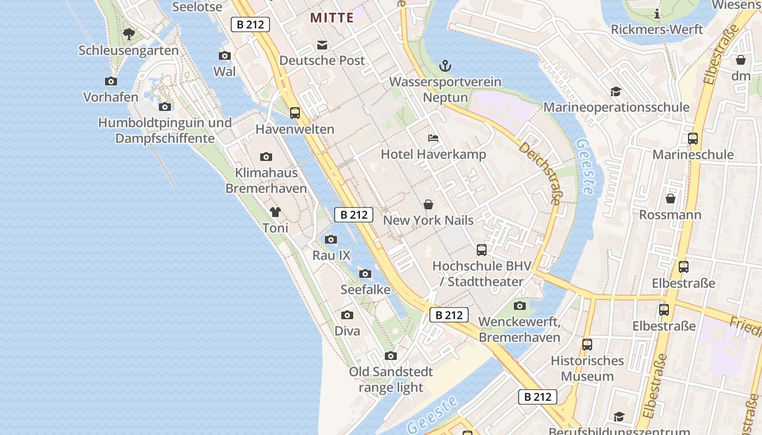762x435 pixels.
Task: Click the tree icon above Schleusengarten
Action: (x=129, y=35)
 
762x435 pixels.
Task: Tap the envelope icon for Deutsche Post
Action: (x=323, y=45)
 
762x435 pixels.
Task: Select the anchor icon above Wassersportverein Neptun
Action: (x=445, y=66)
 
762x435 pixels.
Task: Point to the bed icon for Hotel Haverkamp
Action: (x=433, y=138)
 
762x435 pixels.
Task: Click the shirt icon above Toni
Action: (x=275, y=212)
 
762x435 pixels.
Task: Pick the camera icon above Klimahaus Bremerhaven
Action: (x=266, y=157)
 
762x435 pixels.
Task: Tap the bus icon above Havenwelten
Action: (x=295, y=113)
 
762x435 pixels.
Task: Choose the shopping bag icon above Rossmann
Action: (x=671, y=198)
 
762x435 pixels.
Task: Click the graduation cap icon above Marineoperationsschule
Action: (x=616, y=91)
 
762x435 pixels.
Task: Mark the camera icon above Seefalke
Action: (x=365, y=274)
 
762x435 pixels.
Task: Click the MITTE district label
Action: (x=332, y=17)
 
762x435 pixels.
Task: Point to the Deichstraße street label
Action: (x=539, y=173)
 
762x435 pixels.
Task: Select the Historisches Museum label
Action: (x=587, y=369)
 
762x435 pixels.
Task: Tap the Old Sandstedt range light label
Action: (x=391, y=380)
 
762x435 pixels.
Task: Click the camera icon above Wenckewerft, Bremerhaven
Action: (x=520, y=306)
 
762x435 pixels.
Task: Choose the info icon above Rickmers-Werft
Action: (x=657, y=14)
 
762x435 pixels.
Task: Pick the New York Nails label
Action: (x=428, y=220)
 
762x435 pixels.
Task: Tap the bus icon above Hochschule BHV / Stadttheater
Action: (x=482, y=250)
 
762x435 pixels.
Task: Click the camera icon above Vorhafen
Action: (x=111, y=82)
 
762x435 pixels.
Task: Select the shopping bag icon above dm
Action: (x=741, y=60)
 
